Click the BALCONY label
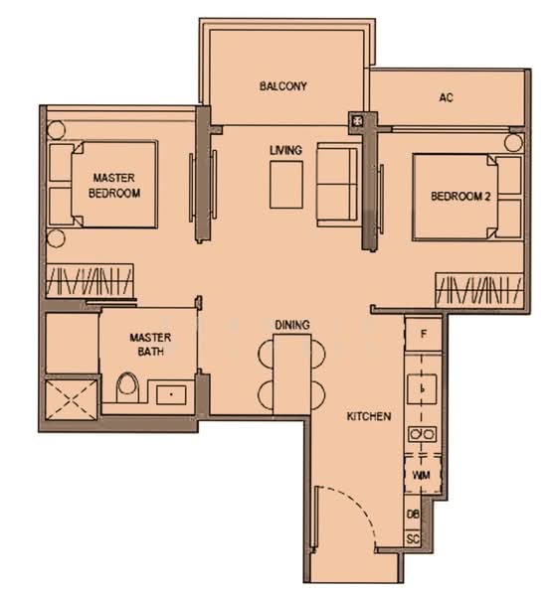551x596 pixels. click(283, 85)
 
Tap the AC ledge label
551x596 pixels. click(446, 97)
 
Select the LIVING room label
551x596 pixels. click(285, 150)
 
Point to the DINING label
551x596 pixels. click(292, 325)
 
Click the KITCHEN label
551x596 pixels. click(369, 416)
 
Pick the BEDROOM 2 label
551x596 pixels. click(460, 196)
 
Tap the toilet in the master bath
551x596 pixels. click(127, 387)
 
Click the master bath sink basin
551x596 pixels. click(171, 395)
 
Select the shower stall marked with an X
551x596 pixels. click(72, 399)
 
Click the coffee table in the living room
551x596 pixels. click(286, 185)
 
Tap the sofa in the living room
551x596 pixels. click(337, 185)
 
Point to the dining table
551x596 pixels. click(292, 374)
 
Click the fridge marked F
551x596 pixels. click(423, 334)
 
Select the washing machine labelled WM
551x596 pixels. click(422, 475)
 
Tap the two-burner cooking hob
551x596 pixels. click(422, 434)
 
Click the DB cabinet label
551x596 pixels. click(413, 515)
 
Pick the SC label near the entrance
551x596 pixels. click(413, 539)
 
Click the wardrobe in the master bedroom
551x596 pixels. click(90, 280)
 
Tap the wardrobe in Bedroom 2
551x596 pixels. click(479, 290)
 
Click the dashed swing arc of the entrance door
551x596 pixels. click(361, 506)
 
